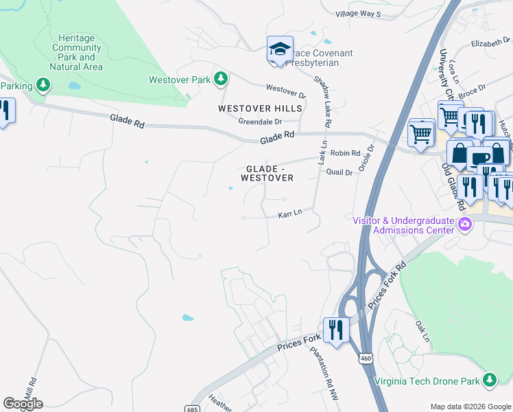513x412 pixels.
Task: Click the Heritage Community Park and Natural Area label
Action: (76, 52)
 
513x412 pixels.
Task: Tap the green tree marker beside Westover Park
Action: (220, 80)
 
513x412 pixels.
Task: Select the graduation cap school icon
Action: (280, 50)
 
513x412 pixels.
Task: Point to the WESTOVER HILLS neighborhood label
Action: (260, 109)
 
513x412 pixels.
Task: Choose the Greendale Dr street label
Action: (260, 122)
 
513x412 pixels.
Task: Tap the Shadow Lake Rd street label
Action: (322, 100)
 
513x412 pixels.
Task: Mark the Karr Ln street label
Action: (289, 215)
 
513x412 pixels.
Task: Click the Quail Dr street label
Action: (339, 172)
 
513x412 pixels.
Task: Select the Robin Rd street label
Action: (345, 154)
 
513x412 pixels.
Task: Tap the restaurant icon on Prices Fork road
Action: (335, 330)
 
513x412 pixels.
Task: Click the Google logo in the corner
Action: (23, 404)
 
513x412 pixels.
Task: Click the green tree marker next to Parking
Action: (43, 85)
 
